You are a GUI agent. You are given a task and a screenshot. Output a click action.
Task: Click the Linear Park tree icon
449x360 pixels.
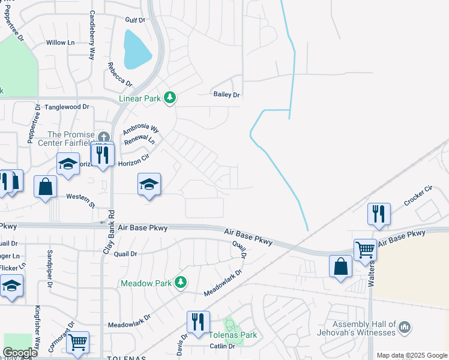tap(170, 97)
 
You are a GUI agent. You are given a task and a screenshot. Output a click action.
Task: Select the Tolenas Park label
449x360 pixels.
tap(233, 335)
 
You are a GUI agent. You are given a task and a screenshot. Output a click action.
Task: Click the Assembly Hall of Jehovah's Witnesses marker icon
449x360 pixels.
tap(405, 327)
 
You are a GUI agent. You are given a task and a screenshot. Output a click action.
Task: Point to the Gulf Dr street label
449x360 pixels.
tap(134, 20)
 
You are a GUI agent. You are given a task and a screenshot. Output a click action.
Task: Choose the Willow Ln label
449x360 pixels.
tap(61, 43)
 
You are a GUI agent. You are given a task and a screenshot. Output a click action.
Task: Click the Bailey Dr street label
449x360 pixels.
tap(226, 95)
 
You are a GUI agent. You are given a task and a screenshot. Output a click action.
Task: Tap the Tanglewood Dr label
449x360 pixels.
tap(67, 107)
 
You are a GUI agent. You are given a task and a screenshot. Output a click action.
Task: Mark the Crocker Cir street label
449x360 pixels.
tap(418, 196)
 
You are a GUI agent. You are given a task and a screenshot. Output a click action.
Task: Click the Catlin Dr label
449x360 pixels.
tap(222, 346)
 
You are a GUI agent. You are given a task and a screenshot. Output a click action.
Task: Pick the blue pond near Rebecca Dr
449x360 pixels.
tap(137, 49)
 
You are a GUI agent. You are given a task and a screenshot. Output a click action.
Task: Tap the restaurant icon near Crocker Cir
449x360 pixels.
tap(379, 214)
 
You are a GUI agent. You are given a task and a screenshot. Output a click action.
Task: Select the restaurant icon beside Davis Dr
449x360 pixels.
tap(198, 322)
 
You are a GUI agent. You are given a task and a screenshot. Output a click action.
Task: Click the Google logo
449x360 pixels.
tap(20, 353)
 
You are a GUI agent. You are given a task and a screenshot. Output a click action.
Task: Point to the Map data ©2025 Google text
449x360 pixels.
tap(412, 355)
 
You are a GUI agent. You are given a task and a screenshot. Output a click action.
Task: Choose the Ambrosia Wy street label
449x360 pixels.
tap(140, 129)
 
